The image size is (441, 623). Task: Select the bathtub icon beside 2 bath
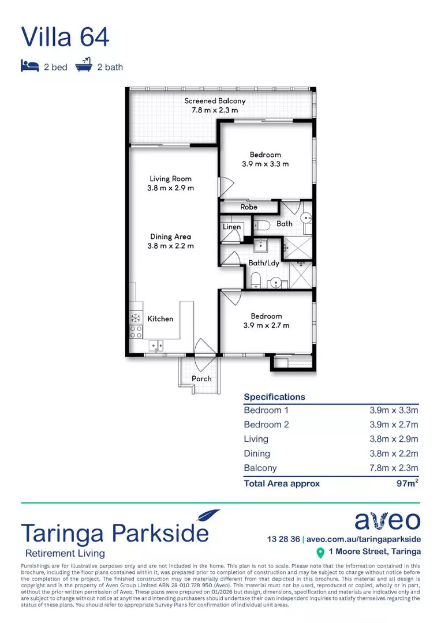coord(84,66)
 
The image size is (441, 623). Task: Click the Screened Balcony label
coord(211,101)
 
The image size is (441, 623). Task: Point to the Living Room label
coord(170,179)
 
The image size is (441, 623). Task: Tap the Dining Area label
coord(170,237)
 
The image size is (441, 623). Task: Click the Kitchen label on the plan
coord(160,318)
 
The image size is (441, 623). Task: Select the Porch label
coord(201,379)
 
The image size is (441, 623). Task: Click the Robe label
coord(249,207)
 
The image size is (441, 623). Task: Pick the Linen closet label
coord(231,227)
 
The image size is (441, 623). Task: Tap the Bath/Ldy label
coord(264,263)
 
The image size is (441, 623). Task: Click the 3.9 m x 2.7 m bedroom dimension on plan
coord(266,325)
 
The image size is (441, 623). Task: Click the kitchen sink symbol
coord(156,346)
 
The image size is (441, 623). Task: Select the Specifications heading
coord(274,397)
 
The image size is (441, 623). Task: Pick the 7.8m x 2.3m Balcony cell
coord(394,468)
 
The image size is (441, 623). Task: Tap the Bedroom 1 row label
coord(266,411)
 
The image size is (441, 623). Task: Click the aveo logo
coord(387,520)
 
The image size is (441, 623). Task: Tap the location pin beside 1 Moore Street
coord(320,553)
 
